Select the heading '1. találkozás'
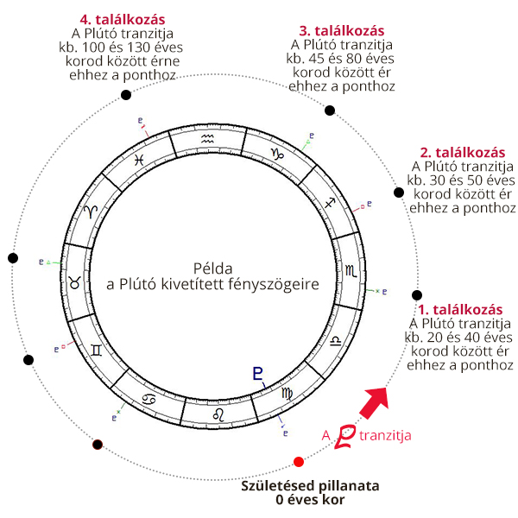coord(459,309)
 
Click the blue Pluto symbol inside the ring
coord(257,374)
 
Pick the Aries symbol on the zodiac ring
coord(90,212)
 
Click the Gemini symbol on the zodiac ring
coord(96,350)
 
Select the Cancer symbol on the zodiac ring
coord(149,399)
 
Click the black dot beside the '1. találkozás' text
coord(418,295)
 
